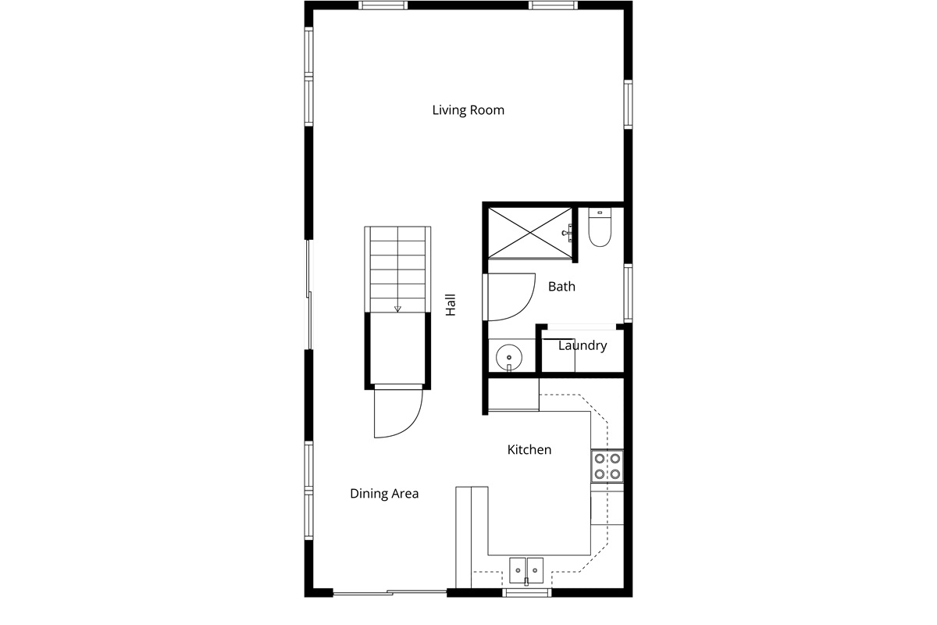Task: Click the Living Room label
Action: (468, 110)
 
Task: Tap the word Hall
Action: (451, 305)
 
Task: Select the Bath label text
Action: (561, 287)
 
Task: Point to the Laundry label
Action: (583, 345)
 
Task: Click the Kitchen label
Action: (529, 449)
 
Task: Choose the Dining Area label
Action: (384, 493)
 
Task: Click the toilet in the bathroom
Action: (600, 227)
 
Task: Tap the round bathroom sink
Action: (509, 357)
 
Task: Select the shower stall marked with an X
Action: (529, 232)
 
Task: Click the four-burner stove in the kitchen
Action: (607, 466)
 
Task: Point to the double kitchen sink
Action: (526, 570)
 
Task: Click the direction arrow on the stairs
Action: (397, 309)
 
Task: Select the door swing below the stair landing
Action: (398, 412)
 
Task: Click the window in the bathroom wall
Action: (628, 293)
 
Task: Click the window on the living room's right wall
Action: (628, 104)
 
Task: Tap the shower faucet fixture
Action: (568, 233)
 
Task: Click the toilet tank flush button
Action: (600, 212)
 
